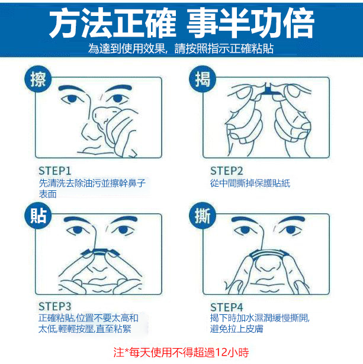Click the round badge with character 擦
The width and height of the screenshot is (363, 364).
(x=38, y=79)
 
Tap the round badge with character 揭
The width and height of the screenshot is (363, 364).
(x=202, y=79)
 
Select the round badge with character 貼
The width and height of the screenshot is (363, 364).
(x=38, y=216)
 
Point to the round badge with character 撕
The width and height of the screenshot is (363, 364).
(x=202, y=216)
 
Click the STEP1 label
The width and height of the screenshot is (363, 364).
(x=54, y=171)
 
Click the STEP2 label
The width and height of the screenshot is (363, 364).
(x=227, y=171)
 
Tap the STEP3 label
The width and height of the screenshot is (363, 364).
(x=54, y=307)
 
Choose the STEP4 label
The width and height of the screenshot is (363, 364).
(x=227, y=307)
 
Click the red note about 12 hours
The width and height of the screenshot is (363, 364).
(x=181, y=352)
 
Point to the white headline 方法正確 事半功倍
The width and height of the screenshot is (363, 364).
(x=182, y=22)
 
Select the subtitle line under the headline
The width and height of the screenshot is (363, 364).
(x=181, y=48)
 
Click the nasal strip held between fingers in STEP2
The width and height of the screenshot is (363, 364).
(x=270, y=91)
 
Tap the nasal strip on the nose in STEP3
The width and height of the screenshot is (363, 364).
(x=99, y=252)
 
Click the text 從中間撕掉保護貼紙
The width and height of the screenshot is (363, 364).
(x=250, y=183)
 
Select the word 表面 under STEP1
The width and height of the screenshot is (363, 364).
(x=48, y=194)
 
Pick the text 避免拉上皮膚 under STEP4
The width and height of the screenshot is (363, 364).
(x=237, y=329)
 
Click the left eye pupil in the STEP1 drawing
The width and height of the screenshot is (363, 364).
(x=72, y=99)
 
